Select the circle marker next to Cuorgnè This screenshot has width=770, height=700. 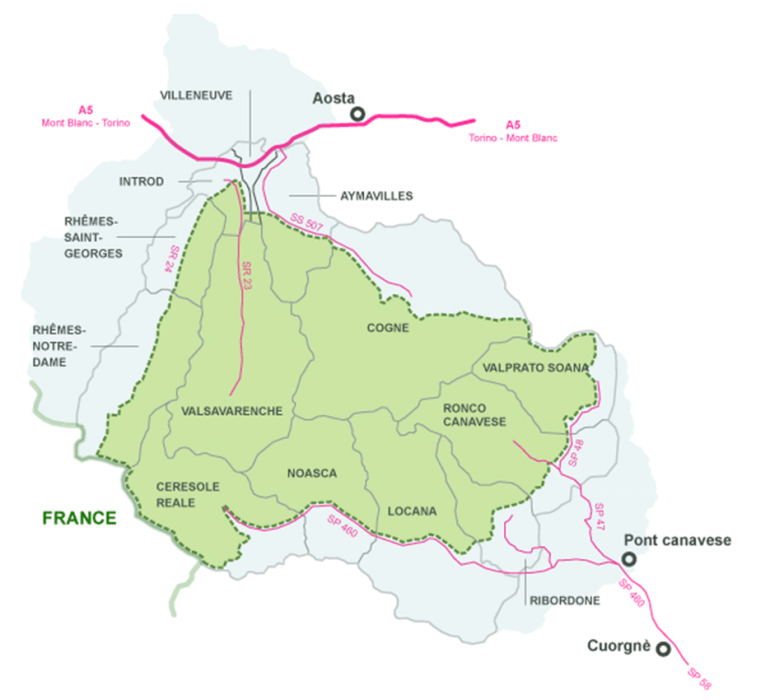pos(663,649)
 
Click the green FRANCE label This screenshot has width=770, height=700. pos(79,517)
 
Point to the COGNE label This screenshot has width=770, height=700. pos(387,327)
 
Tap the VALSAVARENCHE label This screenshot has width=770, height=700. pos(232,411)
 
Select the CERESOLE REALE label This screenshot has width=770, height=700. pos(187,494)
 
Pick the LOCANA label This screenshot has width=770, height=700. pos(412,511)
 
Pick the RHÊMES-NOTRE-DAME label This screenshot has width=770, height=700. pos(59,345)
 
